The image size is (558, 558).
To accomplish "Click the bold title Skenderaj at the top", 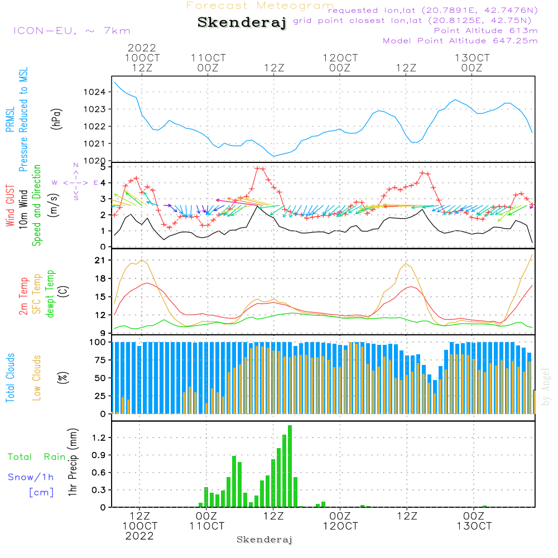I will (x=242, y=22).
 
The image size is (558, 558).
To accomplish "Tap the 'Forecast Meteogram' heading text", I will (x=259, y=6).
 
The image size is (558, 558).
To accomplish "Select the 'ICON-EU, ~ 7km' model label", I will (x=71, y=31).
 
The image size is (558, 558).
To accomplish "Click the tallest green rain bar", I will (x=290, y=466).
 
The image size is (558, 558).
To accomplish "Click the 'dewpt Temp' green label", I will (x=50, y=294).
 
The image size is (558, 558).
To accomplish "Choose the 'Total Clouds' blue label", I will (x=11, y=378).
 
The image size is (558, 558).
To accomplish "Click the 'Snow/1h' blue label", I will (x=31, y=477).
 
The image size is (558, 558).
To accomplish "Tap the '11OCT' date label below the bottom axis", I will (x=206, y=526).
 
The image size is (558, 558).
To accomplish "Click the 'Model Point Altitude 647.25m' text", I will (x=460, y=41).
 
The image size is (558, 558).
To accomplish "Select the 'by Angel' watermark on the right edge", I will (x=545, y=387).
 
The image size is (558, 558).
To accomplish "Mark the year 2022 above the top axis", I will (x=142, y=48).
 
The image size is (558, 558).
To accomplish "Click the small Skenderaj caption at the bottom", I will (x=264, y=540).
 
